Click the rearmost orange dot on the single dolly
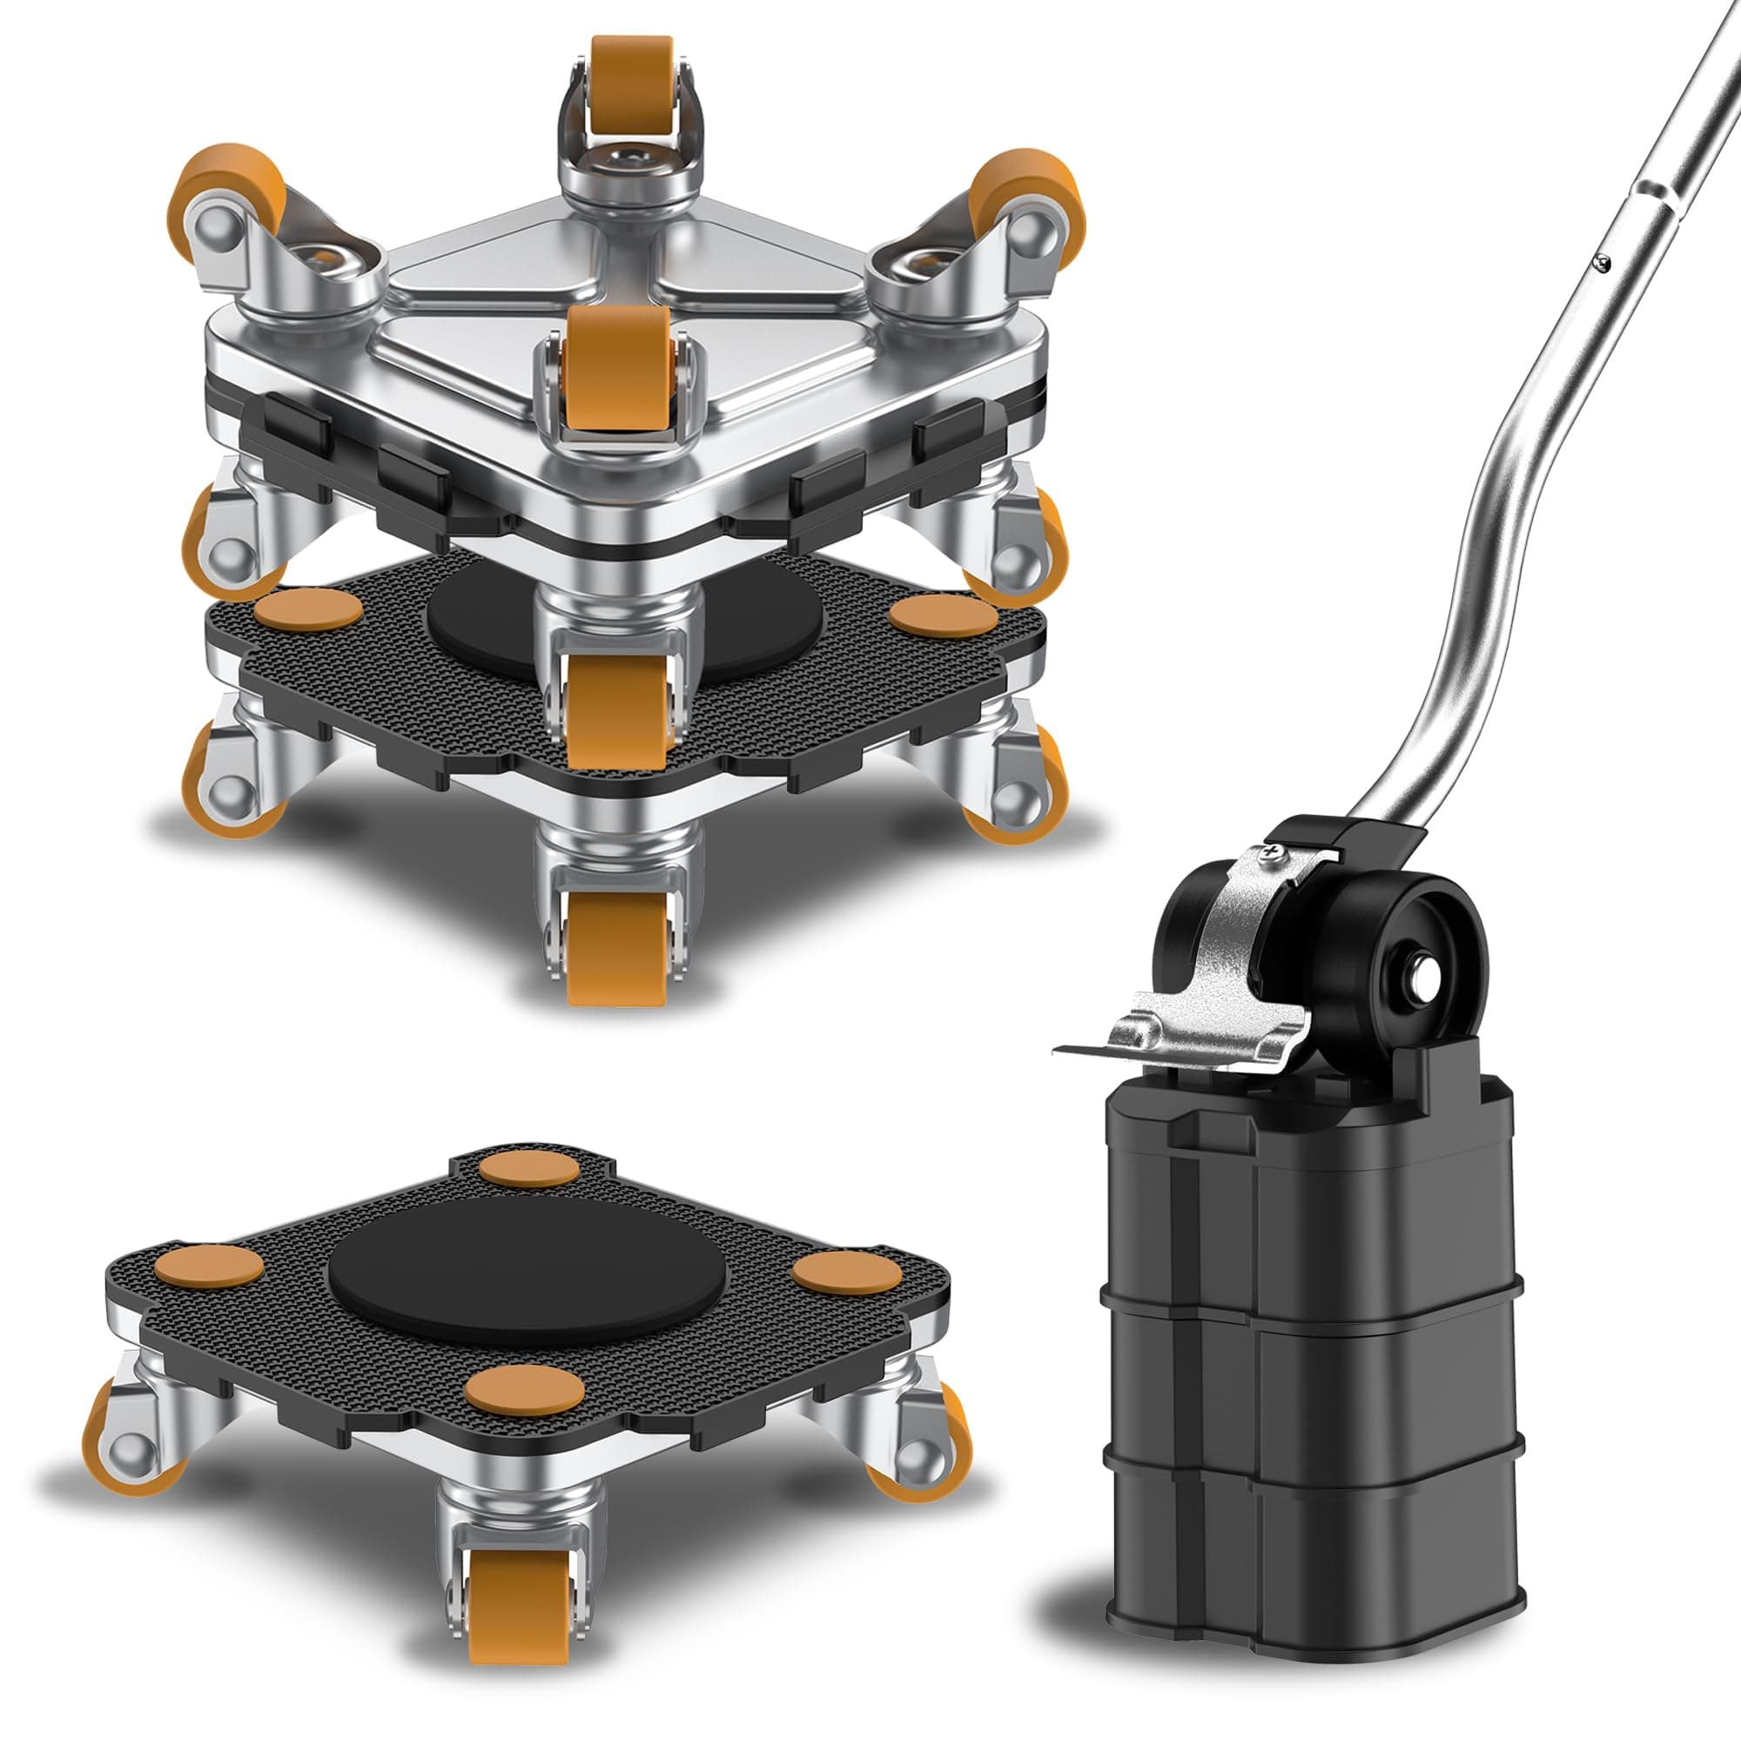coord(530,1170)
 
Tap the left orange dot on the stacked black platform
coord(308,609)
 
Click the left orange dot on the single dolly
coord(209,1266)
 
